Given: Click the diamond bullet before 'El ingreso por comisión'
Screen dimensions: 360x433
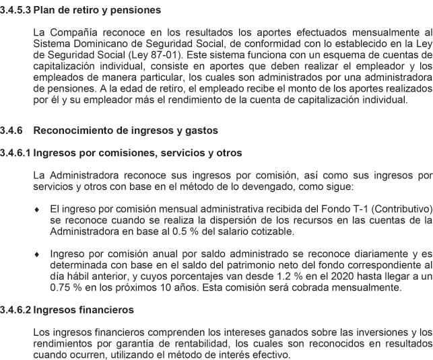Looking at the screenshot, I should pyautogui.click(x=36, y=211).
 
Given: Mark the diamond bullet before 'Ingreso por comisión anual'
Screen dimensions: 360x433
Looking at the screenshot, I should pyautogui.click(x=36, y=255).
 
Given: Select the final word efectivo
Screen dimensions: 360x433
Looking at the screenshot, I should pyautogui.click(x=271, y=354).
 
